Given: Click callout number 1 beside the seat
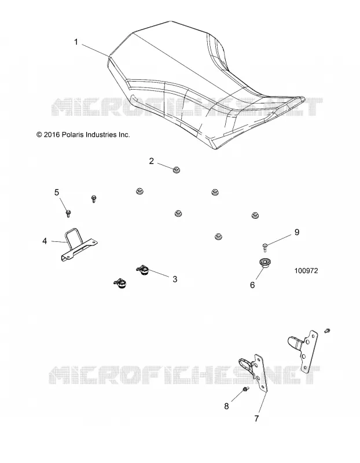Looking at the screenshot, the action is [76, 42].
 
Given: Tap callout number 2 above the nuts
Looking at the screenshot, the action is [152, 161].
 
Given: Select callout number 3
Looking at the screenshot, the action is [175, 279].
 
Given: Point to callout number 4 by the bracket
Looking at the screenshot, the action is [45, 241].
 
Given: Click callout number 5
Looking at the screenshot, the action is [57, 193].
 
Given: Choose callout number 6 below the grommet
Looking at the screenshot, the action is [252, 285].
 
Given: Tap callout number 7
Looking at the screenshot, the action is [256, 418].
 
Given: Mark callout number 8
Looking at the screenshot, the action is [226, 406].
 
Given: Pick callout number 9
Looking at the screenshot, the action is [297, 232].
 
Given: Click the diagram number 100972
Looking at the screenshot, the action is [306, 270].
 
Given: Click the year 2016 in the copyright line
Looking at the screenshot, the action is [52, 135].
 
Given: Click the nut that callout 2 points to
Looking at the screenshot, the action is [177, 170].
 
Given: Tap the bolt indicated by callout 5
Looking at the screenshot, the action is [68, 213].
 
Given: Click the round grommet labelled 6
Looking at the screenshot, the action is [265, 263].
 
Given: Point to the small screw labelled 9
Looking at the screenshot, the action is [265, 247].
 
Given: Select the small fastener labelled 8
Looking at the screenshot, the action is [246, 389].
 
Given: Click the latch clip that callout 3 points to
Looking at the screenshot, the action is [143, 270].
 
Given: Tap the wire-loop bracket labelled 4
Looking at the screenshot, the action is [79, 245].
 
